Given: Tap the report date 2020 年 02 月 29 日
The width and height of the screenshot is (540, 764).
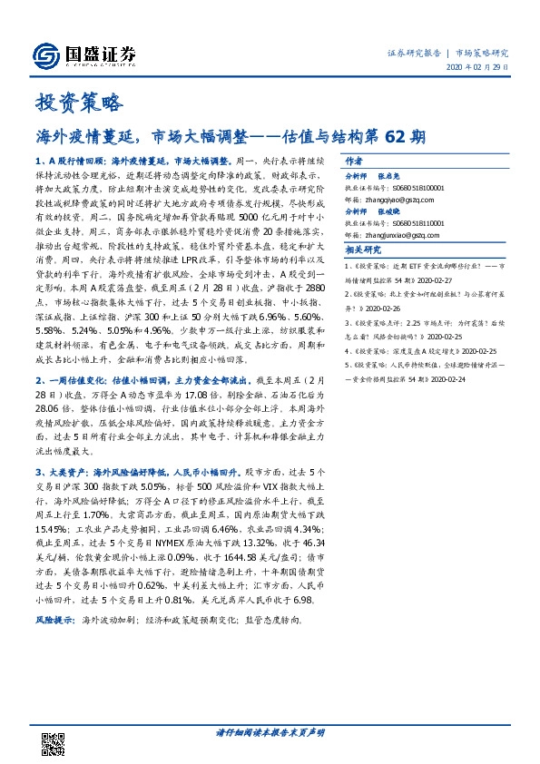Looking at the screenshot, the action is (x=478, y=69).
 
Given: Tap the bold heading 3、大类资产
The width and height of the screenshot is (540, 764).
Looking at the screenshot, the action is (x=63, y=473).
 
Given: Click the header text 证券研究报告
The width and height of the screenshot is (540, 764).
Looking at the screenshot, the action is (x=413, y=54).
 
